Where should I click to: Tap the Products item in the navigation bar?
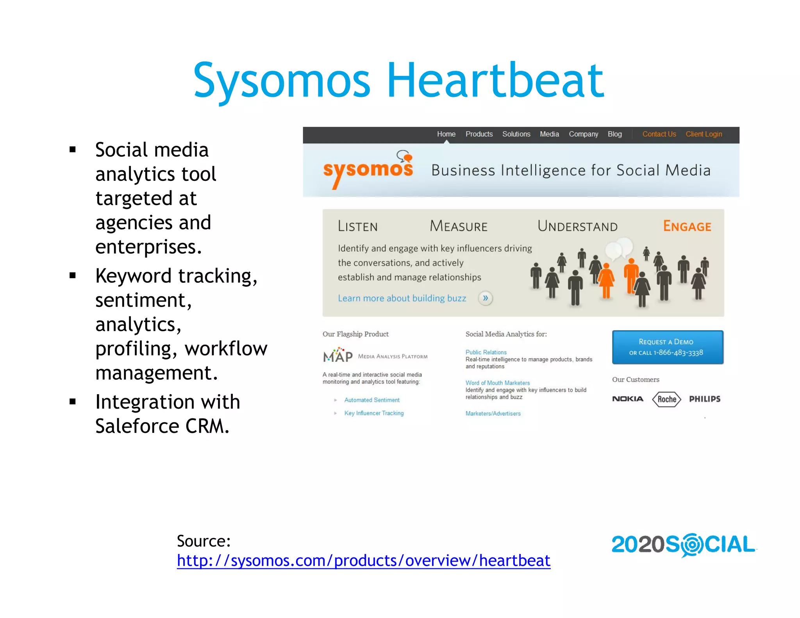tap(479, 134)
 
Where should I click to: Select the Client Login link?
tap(704, 134)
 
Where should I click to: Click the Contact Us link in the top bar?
tap(659, 134)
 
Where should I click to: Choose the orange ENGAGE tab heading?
tap(687, 226)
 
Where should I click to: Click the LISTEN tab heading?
tap(357, 227)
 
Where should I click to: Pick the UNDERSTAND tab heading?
tap(577, 226)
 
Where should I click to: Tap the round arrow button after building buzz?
tap(485, 298)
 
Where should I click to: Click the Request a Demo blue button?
tap(668, 347)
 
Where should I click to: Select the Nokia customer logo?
tap(627, 399)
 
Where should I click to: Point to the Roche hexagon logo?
tap(667, 399)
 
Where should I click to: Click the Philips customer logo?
tap(705, 399)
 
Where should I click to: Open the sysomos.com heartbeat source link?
tap(363, 561)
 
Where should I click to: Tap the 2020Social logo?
tap(683, 545)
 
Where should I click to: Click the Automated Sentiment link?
tap(372, 400)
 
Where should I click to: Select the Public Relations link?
tap(486, 352)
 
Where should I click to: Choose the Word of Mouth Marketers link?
tap(498, 383)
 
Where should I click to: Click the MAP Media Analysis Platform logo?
tap(375, 355)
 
